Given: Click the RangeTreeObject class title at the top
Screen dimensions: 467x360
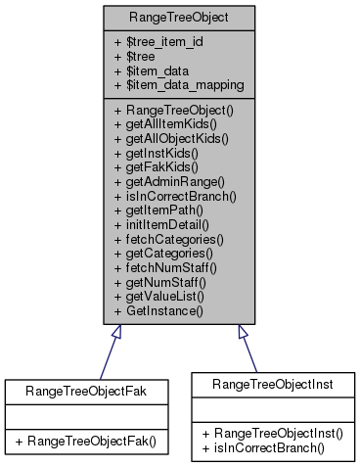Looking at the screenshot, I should [x=181, y=18].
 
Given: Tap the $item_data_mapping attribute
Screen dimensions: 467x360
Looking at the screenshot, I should [x=179, y=86].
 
